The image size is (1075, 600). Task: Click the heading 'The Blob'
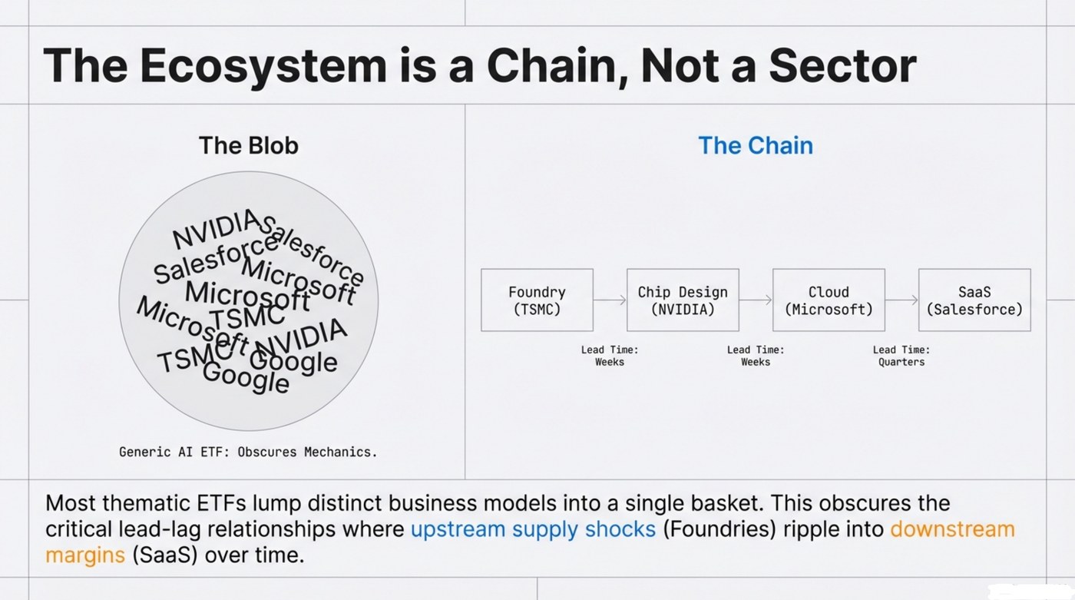[x=248, y=145]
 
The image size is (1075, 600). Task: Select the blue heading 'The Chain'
[x=755, y=145]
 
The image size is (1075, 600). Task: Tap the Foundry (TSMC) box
[x=537, y=300]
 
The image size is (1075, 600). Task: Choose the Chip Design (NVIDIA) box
[x=683, y=300]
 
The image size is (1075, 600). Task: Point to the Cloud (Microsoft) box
[x=829, y=300]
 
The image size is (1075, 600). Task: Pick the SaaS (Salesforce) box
[x=974, y=300]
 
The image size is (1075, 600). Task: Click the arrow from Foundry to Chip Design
[x=610, y=300]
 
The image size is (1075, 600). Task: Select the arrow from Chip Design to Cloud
[x=756, y=300]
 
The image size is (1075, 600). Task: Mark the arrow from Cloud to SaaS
[x=901, y=300]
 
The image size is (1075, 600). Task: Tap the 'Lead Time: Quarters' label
[x=901, y=356]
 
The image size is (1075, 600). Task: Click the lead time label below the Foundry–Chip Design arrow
[x=610, y=356]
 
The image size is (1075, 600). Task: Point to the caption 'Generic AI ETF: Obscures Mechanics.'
[x=248, y=452]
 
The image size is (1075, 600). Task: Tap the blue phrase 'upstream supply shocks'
[x=533, y=529]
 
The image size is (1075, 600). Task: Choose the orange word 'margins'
[x=85, y=555]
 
